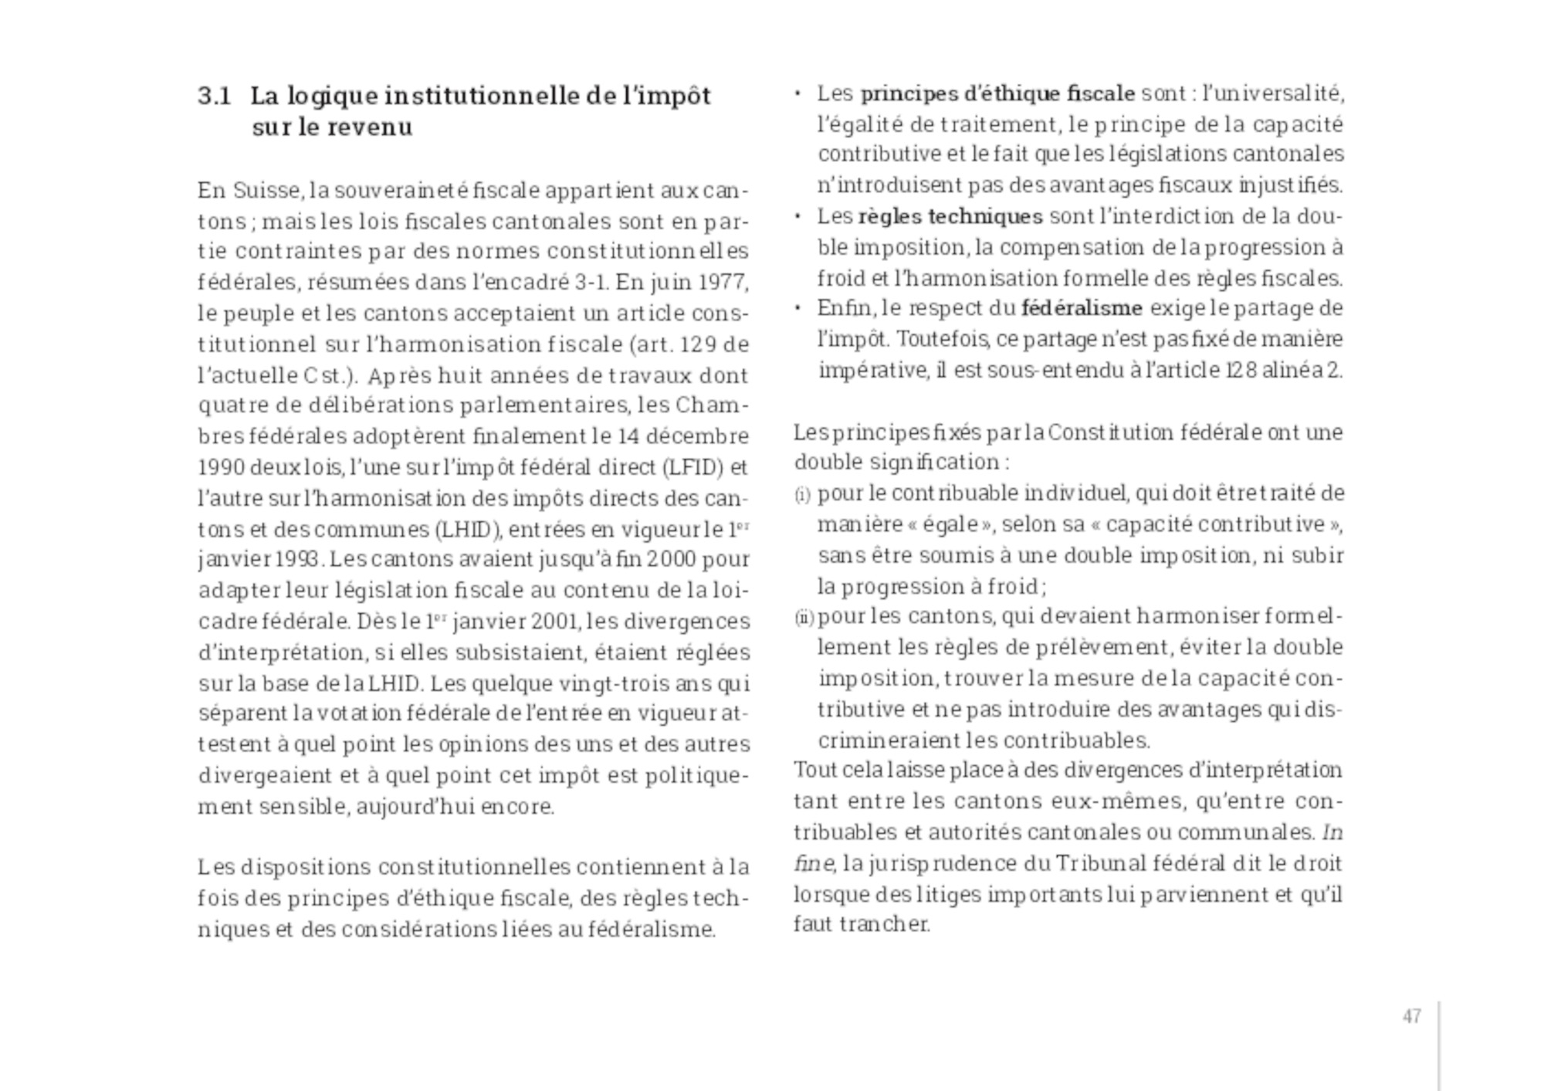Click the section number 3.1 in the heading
tap(214, 96)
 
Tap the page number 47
tap(1412, 1016)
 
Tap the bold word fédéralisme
tap(1081, 308)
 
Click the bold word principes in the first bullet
tap(909, 93)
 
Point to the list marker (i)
tap(802, 494)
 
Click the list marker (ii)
tap(804, 617)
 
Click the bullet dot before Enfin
tap(797, 308)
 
